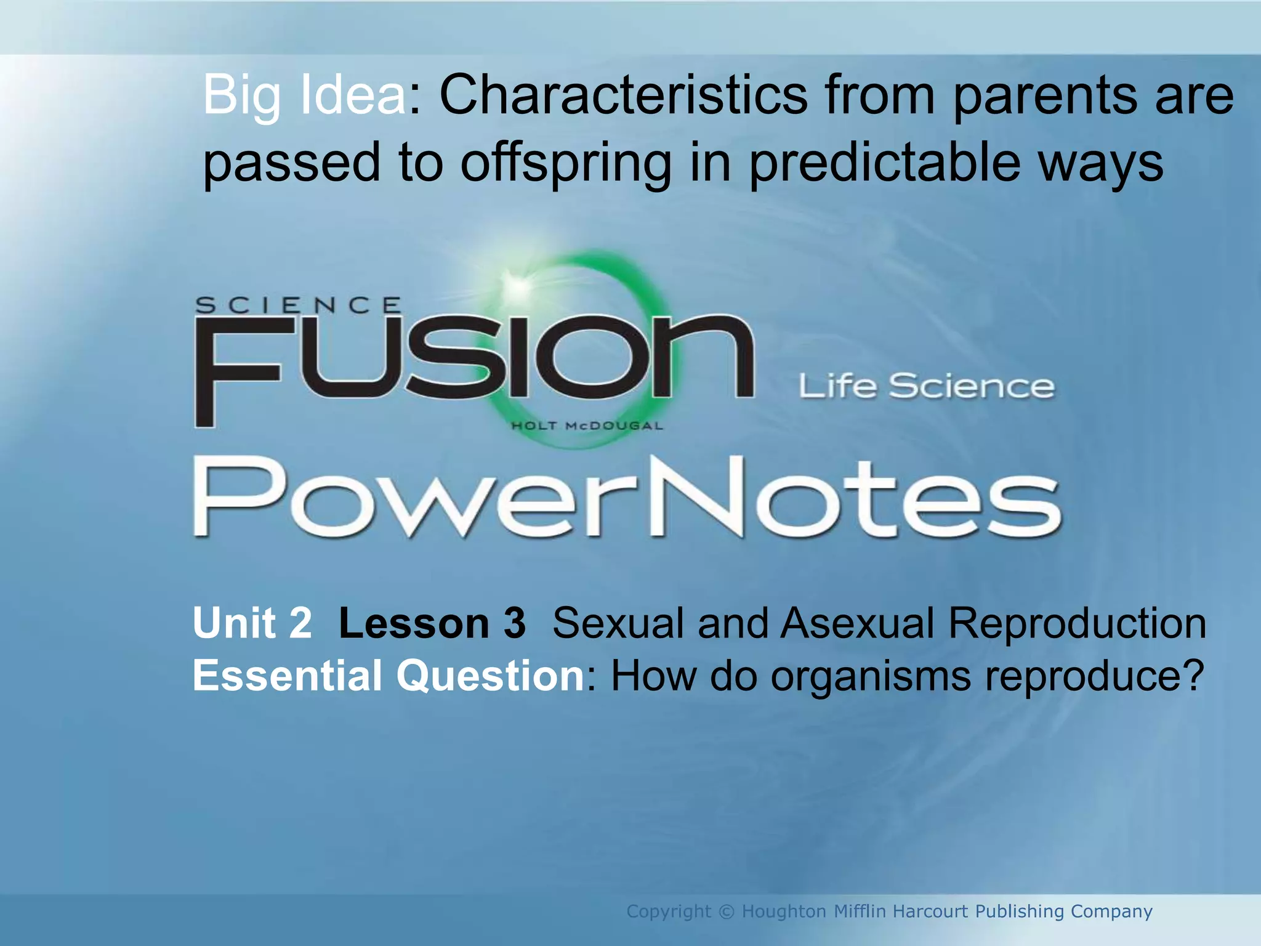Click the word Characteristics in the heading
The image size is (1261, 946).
[622, 95]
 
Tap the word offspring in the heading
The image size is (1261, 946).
[565, 163]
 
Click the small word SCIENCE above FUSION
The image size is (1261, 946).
[298, 305]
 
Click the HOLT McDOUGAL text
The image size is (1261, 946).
[587, 426]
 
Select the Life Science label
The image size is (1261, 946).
[927, 387]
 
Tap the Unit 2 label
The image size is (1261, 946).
[252, 623]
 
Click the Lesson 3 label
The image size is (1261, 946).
[432, 623]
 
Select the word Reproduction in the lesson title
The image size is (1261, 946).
[1077, 623]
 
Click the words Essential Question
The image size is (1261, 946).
[389, 676]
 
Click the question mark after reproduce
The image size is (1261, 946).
[1193, 676]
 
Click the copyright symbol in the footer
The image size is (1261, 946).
[727, 912]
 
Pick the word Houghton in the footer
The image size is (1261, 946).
[784, 912]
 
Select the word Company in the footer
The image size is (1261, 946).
[1111, 912]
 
